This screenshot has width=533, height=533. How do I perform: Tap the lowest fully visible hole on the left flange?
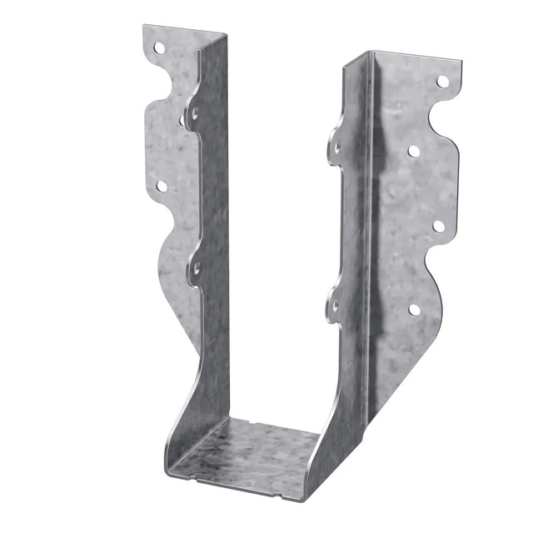(x=161, y=187)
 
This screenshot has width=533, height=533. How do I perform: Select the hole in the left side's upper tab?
(x=194, y=110)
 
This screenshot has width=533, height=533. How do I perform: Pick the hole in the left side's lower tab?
(x=197, y=268)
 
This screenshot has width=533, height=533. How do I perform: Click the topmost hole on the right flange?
(x=442, y=82)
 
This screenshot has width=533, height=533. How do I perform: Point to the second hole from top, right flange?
(x=413, y=151)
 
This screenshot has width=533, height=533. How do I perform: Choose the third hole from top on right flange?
(x=438, y=226)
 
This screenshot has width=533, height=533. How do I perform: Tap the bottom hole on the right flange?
(x=414, y=309)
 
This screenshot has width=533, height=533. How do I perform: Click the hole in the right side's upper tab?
(x=337, y=147)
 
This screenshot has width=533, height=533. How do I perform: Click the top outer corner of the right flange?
(x=463, y=62)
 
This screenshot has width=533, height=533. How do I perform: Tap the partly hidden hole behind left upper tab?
(x=182, y=121)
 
